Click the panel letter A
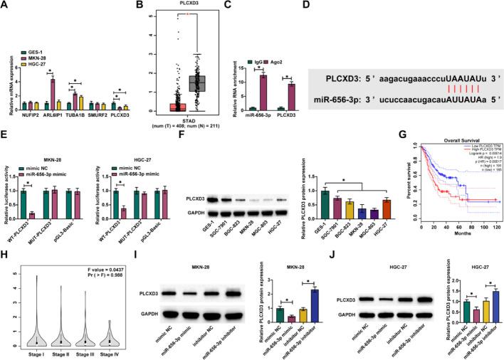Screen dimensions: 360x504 click(6, 6)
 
